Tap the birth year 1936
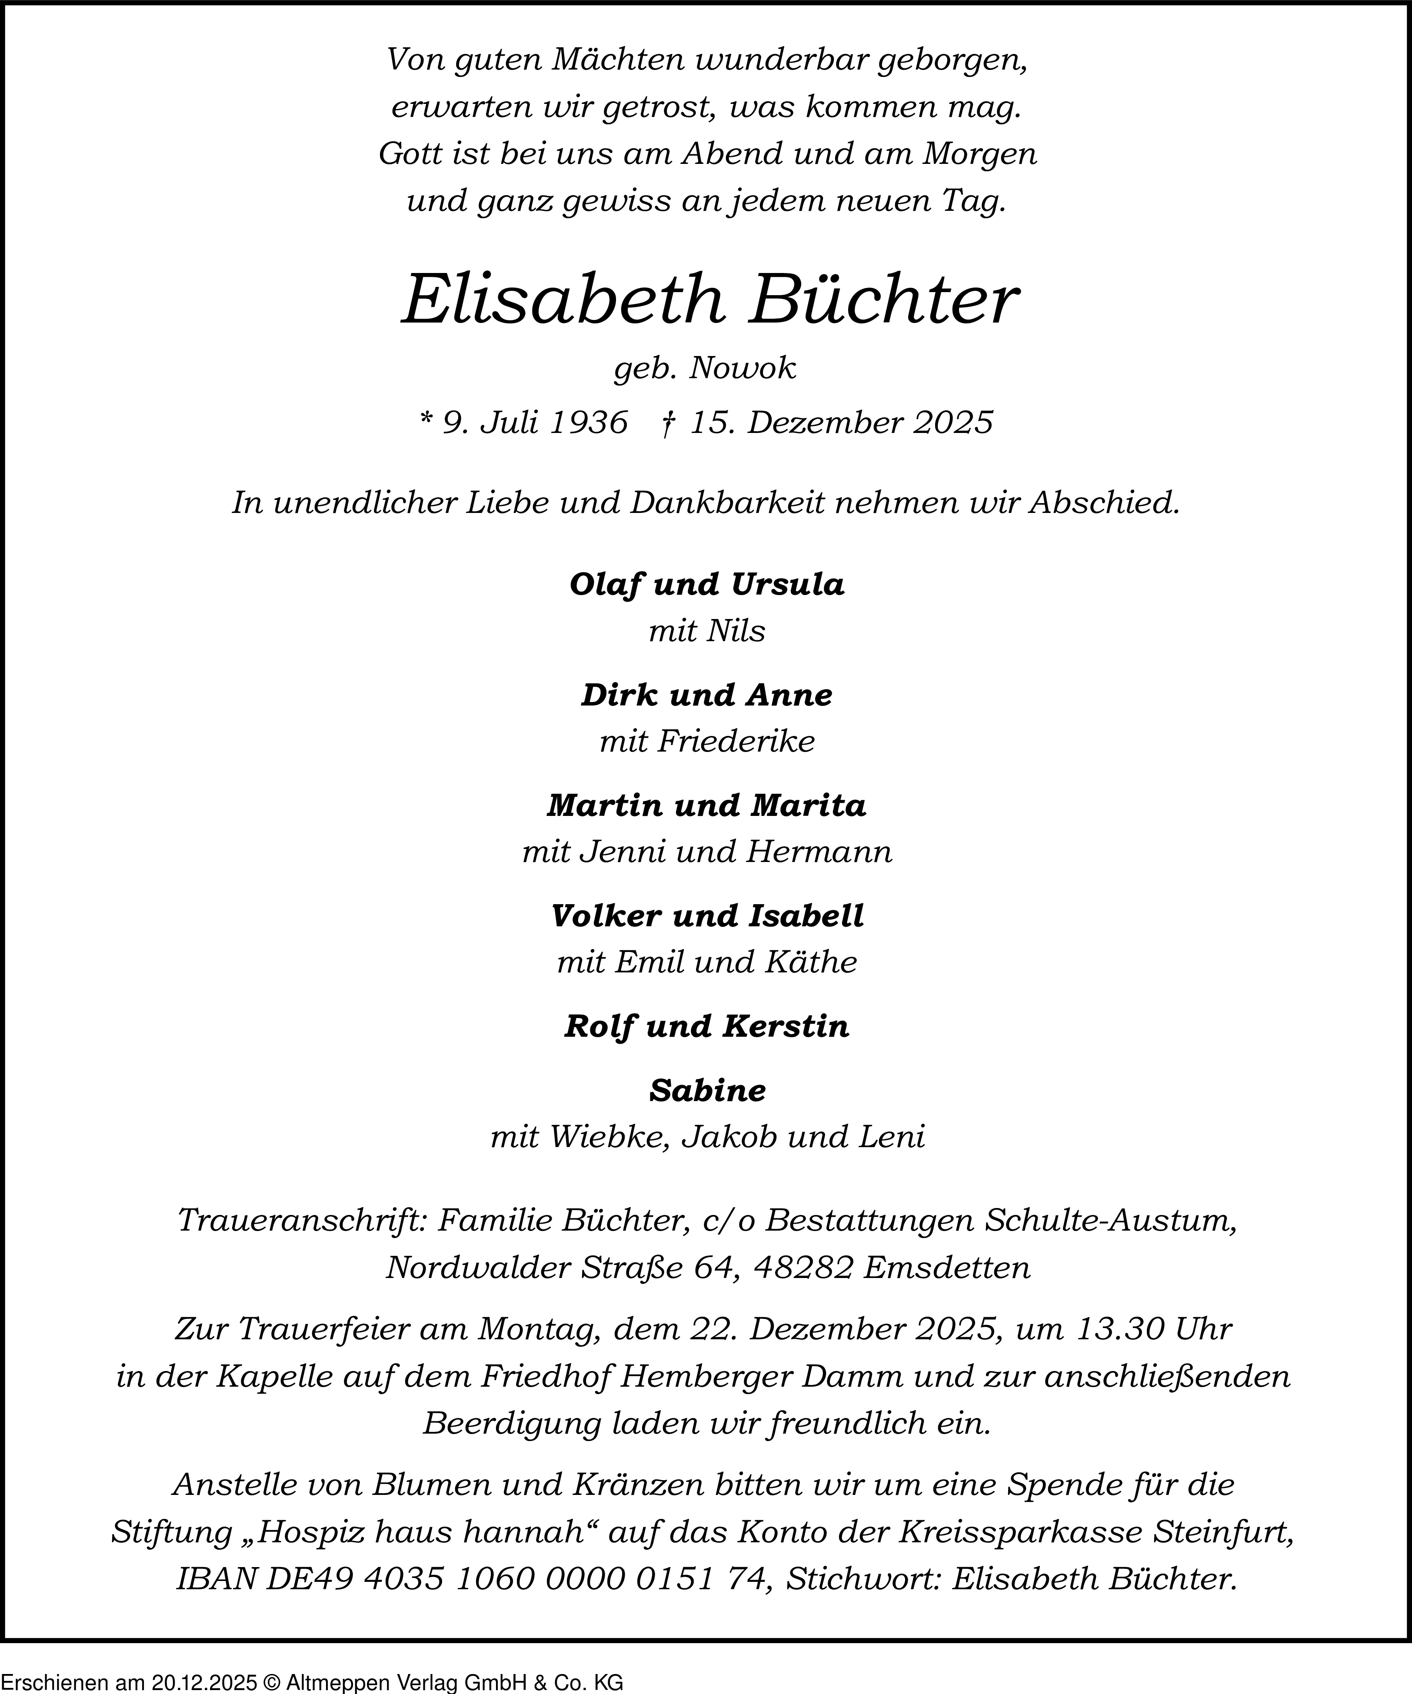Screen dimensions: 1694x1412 [587, 423]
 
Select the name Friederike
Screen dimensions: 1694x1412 [735, 741]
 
